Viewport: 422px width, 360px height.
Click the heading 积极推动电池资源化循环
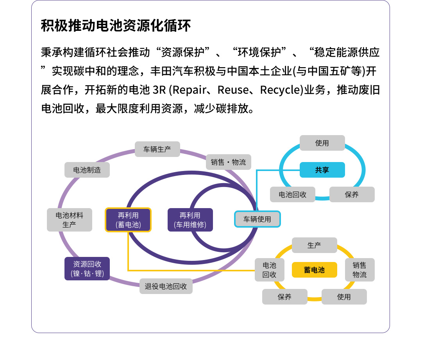(x=116, y=26)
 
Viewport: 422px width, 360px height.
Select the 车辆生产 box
(x=157, y=149)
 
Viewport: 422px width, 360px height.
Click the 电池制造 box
(x=87, y=170)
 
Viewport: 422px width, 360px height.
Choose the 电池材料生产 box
(x=70, y=219)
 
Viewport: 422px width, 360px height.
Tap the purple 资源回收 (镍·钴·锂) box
(x=87, y=269)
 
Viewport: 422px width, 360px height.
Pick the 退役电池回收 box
(x=166, y=286)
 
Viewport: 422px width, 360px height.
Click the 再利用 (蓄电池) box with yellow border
(x=128, y=220)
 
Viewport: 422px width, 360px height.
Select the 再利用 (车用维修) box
(x=190, y=220)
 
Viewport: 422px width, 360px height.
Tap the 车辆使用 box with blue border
(x=257, y=219)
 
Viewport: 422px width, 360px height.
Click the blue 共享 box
(x=322, y=170)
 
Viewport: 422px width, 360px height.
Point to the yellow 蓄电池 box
(x=314, y=270)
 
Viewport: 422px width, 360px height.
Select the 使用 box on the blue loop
(x=322, y=143)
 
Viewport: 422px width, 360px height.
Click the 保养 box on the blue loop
(x=352, y=194)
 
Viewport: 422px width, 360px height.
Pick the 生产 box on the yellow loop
(x=314, y=245)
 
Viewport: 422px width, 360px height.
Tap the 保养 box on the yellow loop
(x=284, y=297)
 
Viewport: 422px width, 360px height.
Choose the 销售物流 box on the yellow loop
(x=359, y=270)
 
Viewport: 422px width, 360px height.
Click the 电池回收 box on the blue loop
(x=292, y=194)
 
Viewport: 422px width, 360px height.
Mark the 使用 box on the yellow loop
(x=344, y=297)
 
